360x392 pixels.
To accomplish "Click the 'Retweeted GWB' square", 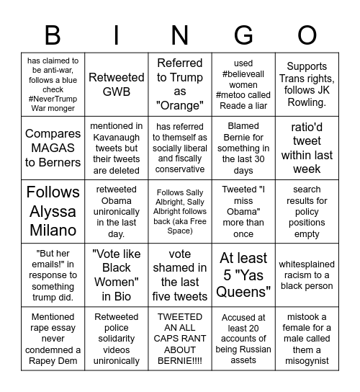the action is click(x=117, y=84).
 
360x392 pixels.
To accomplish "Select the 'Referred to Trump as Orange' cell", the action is click(x=180, y=84).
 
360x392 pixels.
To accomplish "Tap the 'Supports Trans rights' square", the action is click(x=307, y=84).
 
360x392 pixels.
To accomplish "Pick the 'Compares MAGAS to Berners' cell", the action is click(x=53, y=148).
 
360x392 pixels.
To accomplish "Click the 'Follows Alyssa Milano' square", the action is click(x=53, y=211).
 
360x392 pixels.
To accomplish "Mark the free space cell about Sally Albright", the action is click(x=180, y=211).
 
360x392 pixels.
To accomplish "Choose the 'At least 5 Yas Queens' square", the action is click(x=243, y=275).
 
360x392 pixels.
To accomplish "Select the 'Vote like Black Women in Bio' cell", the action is click(x=117, y=275).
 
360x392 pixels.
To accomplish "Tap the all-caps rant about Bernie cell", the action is click(x=180, y=338).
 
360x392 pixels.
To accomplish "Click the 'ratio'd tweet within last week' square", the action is click(x=307, y=148).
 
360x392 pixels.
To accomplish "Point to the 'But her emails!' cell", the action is click(x=53, y=275).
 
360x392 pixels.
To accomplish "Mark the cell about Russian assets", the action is click(x=243, y=338).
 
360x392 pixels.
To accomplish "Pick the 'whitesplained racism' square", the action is click(x=307, y=275).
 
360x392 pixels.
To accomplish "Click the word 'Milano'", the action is click(x=53, y=230).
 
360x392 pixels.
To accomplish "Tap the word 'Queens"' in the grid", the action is click(x=243, y=291).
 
